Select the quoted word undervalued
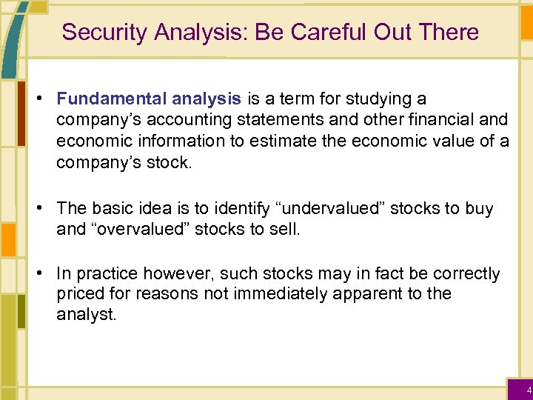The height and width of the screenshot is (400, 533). point(336,209)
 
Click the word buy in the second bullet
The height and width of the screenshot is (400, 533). point(479,209)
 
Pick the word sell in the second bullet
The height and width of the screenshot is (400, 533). point(286,230)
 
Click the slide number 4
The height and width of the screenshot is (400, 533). point(528,390)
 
